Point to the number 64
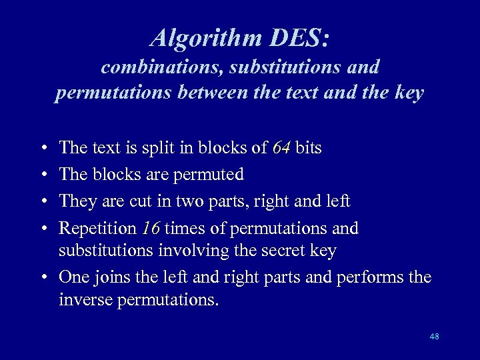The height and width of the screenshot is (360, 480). [x=281, y=148]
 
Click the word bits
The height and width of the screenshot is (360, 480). [x=307, y=148]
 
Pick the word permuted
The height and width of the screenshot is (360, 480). [x=208, y=175]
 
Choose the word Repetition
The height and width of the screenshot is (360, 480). [x=97, y=228]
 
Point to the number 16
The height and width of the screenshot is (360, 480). [x=150, y=228]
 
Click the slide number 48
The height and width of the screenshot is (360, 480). [x=434, y=337]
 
